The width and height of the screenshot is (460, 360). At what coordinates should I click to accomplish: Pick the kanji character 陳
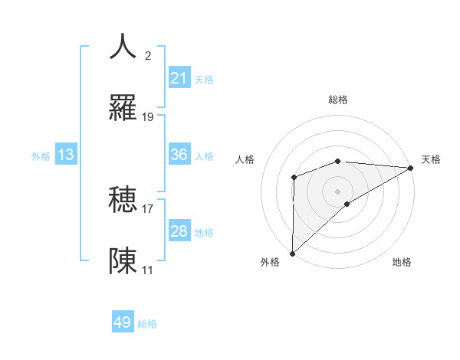tap(123, 260)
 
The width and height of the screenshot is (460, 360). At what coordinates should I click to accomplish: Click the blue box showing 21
tap(179, 78)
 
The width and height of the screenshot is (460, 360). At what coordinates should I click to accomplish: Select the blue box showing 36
tap(179, 155)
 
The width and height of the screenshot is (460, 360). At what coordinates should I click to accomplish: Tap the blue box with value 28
tap(179, 231)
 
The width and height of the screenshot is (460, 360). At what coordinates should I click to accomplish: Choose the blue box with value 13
tap(66, 155)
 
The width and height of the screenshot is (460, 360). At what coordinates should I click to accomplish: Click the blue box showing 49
tap(123, 323)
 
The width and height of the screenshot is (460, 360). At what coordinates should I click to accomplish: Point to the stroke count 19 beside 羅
tap(148, 117)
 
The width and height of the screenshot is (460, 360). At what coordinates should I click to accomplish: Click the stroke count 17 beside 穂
tap(148, 208)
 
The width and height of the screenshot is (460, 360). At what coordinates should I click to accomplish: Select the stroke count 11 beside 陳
tap(148, 270)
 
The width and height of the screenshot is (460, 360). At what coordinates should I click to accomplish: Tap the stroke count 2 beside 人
tap(148, 56)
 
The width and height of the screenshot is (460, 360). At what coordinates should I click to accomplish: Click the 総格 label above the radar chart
tap(338, 100)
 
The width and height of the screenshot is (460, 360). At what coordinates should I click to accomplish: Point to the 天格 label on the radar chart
tap(431, 159)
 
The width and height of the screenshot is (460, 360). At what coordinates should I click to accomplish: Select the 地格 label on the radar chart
tap(402, 262)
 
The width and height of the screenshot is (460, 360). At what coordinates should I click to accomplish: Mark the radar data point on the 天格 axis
tap(411, 168)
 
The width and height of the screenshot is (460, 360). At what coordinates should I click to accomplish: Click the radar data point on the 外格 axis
tap(292, 253)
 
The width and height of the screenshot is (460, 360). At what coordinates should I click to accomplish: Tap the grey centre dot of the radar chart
tap(338, 191)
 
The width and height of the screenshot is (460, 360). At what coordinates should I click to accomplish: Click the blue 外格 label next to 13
tap(41, 155)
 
